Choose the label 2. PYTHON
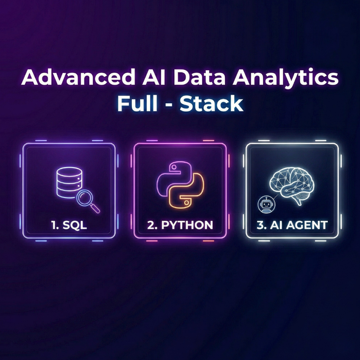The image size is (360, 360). click(x=180, y=226)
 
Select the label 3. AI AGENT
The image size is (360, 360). click(x=292, y=226)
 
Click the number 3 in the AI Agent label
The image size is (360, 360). click(x=260, y=226)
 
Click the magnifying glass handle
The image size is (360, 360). click(x=95, y=208)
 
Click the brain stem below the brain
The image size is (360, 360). click(x=298, y=202)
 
